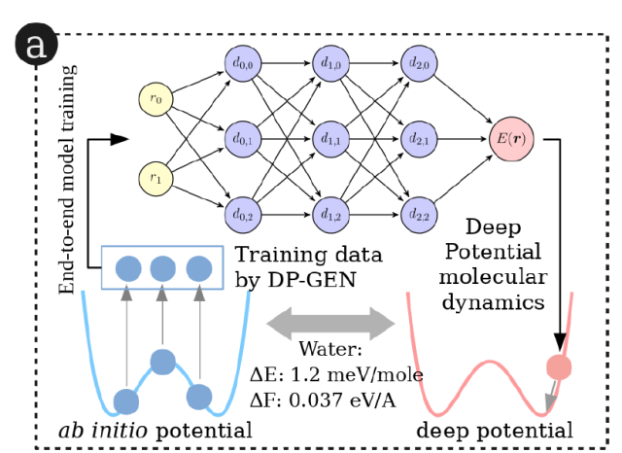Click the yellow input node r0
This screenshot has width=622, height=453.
pyautogui.click(x=155, y=98)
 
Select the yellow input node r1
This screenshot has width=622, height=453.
pyautogui.click(x=155, y=177)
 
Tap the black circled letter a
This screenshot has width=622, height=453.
pyautogui.click(x=36, y=44)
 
